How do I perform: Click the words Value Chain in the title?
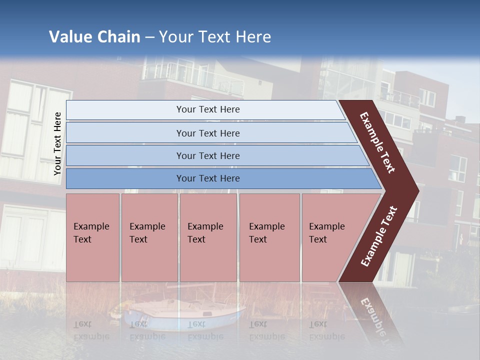click(x=94, y=37)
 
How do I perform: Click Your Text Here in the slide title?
click(x=215, y=37)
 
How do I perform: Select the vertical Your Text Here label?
click(x=57, y=143)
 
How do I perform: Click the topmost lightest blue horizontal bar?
click(x=207, y=109)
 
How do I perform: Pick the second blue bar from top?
click(x=207, y=133)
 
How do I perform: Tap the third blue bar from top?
click(x=207, y=155)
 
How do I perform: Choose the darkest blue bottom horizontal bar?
click(x=207, y=178)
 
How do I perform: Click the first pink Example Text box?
click(x=92, y=237)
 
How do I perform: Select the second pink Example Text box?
click(x=149, y=237)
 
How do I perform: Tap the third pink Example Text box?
click(x=207, y=237)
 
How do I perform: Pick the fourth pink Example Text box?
click(x=269, y=237)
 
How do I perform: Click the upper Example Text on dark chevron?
click(x=378, y=142)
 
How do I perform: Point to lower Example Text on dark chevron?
click(x=379, y=236)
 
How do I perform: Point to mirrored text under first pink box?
click(x=91, y=330)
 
